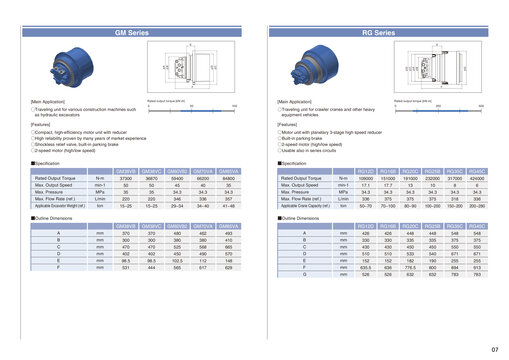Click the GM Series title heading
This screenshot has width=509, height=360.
pyautogui.click(x=132, y=33)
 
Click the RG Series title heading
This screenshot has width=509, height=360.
pyautogui.click(x=384, y=33)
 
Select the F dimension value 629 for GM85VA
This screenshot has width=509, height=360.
pyautogui.click(x=228, y=267)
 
